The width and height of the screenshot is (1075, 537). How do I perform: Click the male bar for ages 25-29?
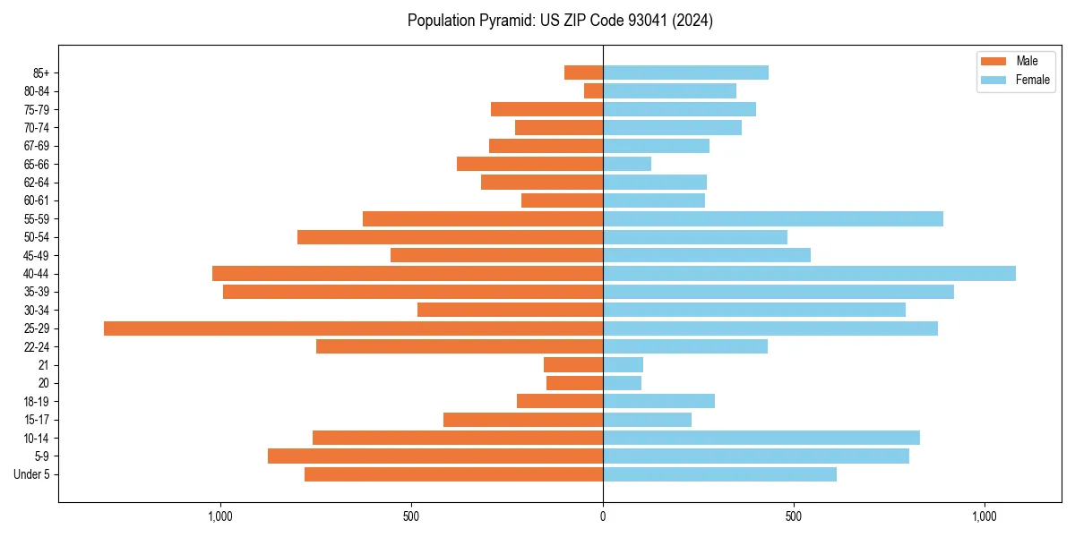(353, 328)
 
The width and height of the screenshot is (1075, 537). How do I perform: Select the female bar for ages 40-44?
(809, 274)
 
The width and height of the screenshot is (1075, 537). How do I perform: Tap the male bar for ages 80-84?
(593, 91)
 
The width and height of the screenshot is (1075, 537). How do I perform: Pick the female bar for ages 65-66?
(627, 164)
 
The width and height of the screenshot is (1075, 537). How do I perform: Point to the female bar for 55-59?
(773, 219)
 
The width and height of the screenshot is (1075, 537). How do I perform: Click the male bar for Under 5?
(453, 474)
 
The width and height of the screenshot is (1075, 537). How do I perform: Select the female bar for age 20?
(622, 383)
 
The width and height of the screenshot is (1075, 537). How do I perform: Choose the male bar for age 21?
(573, 365)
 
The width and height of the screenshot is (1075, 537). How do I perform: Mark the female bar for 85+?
(685, 72)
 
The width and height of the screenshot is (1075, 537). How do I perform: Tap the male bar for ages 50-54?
(450, 237)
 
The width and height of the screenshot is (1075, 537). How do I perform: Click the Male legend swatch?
(994, 61)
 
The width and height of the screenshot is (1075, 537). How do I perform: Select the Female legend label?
(1032, 80)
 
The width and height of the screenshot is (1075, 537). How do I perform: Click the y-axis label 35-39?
(37, 292)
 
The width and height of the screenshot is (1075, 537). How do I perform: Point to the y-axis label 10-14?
(37, 438)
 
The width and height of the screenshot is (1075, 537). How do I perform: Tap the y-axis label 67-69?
(37, 146)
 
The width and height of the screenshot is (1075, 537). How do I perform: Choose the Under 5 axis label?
(32, 474)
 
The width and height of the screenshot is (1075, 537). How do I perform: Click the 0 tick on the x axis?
(603, 516)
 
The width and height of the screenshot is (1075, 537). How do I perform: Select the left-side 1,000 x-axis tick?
(220, 516)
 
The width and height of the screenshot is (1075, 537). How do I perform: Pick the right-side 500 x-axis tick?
(794, 516)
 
